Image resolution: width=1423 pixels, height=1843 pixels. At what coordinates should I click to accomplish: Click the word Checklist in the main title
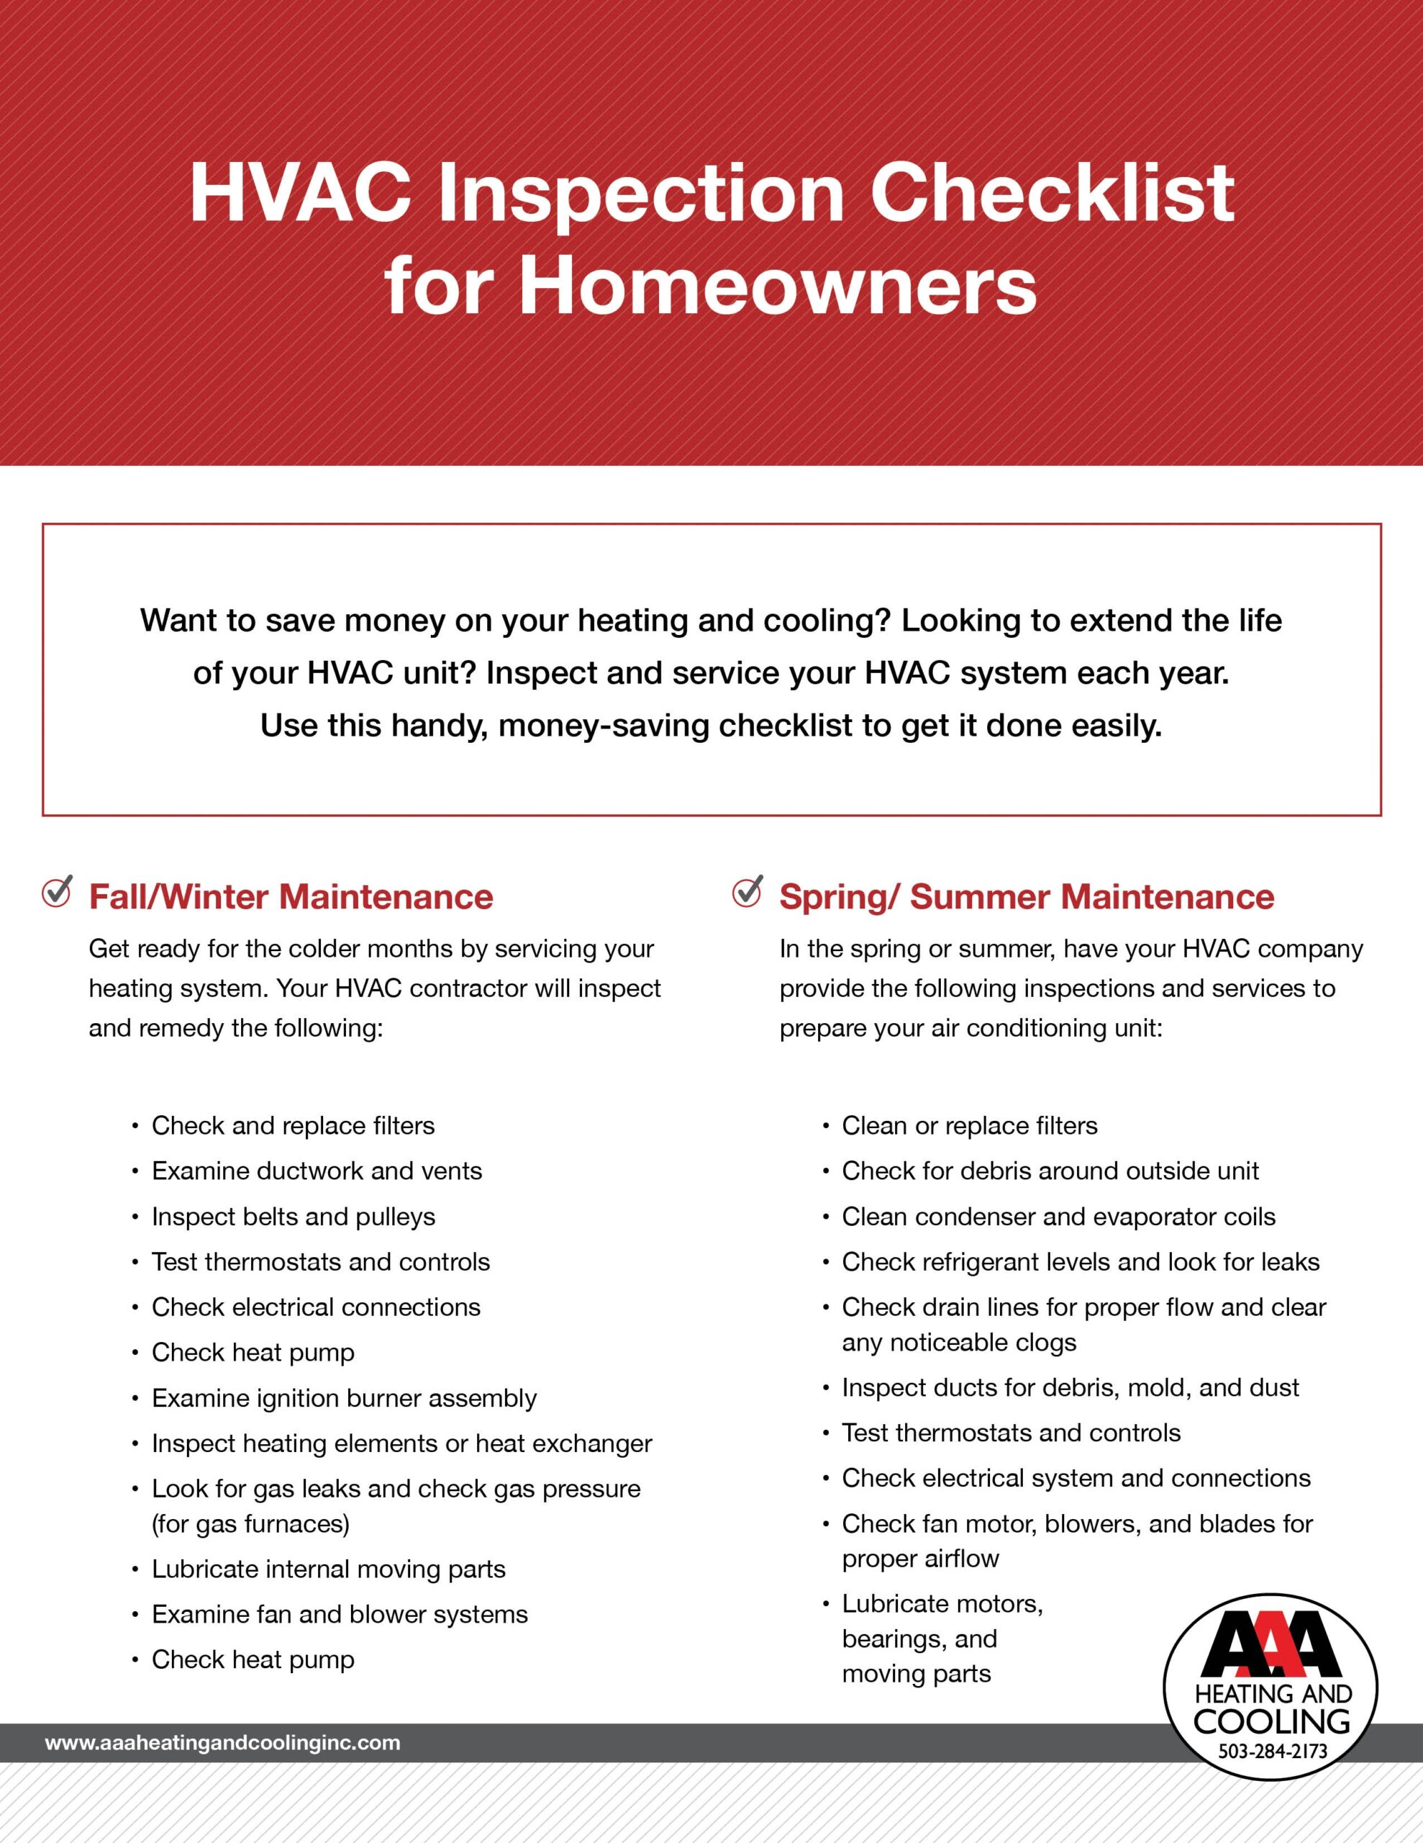1052,193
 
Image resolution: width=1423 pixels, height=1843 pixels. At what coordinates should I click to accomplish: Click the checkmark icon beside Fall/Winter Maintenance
58,892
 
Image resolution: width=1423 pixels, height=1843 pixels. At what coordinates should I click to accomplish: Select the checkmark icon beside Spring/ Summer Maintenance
747,892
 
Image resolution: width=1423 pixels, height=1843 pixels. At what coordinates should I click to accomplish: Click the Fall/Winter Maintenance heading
291,896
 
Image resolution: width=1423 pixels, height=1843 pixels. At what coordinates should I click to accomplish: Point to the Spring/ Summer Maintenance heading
1027,896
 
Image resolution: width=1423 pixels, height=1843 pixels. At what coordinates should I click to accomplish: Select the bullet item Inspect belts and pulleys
294,1217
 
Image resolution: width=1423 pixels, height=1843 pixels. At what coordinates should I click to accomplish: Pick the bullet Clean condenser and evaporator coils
1058,1217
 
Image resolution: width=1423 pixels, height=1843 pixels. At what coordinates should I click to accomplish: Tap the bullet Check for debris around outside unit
1050,1171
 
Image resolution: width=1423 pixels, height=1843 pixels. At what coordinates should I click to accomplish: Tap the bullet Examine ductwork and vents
317,1171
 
